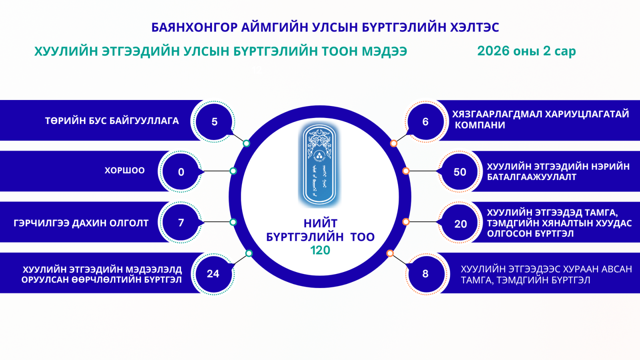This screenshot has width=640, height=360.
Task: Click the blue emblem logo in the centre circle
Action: [x=319, y=164]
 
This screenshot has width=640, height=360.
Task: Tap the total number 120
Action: [x=320, y=250]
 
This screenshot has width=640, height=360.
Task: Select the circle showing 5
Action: [x=214, y=122]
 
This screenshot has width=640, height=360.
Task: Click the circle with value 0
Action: [x=181, y=172]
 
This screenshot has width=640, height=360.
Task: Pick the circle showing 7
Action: [x=181, y=222]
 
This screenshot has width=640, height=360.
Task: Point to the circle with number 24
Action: [x=213, y=274]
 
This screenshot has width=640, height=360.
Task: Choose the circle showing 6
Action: [x=425, y=122]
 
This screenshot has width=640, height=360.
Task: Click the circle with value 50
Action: [x=460, y=172]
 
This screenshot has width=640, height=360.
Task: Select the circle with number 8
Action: [x=425, y=274]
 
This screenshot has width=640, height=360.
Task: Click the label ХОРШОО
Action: [x=124, y=170]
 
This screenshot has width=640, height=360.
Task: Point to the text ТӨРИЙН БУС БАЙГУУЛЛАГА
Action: [x=112, y=121]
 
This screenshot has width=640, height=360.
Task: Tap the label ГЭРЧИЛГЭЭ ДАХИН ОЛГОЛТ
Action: [x=81, y=223]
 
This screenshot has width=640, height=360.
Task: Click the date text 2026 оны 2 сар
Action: [x=526, y=51]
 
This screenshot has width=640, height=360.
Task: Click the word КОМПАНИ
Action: [x=480, y=125]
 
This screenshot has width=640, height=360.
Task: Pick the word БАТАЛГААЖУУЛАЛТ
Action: [x=531, y=177]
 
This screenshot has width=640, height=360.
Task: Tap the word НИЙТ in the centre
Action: [x=320, y=223]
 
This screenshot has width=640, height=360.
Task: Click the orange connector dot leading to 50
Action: [x=406, y=171]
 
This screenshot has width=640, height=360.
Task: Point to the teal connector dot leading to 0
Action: [x=233, y=171]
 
